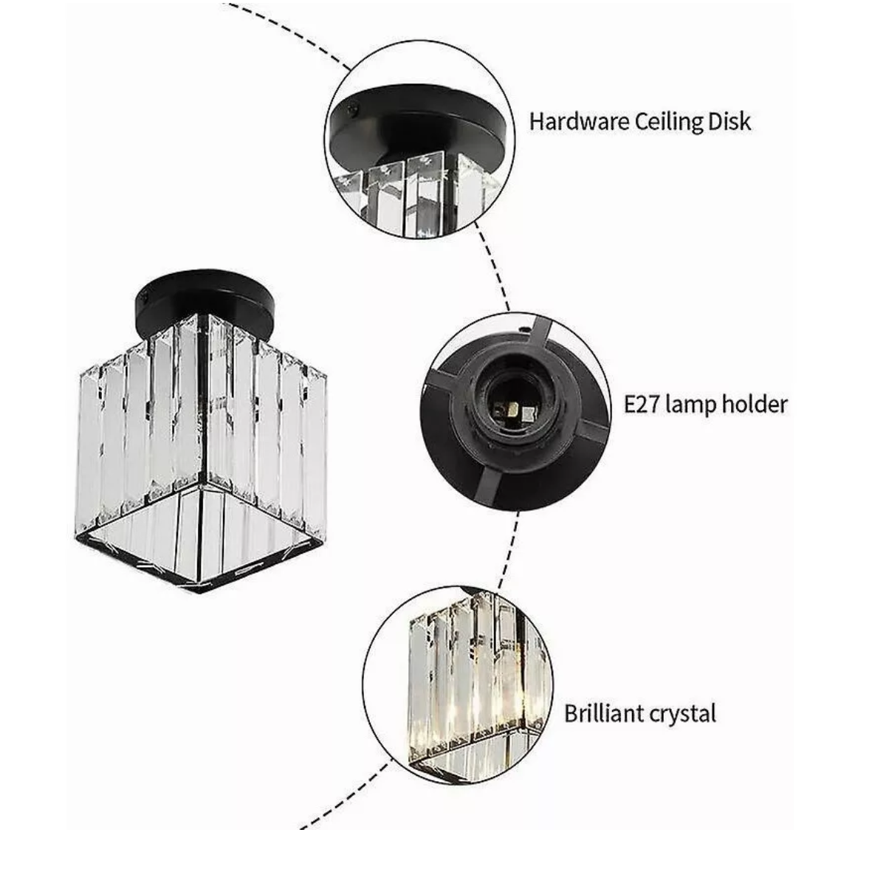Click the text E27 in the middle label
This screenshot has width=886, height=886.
(x=641, y=405)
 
